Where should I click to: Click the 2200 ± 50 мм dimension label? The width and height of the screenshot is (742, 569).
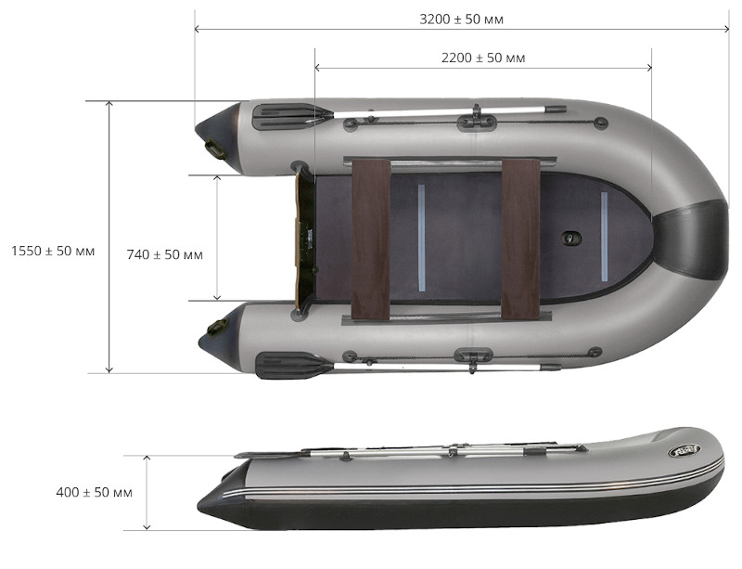[x=483, y=58]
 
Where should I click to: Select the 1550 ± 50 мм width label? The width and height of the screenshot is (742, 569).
[x=53, y=252]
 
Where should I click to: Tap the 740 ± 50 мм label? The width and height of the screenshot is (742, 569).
[x=164, y=253]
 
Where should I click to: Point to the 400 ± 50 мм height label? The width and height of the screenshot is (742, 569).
[x=94, y=492]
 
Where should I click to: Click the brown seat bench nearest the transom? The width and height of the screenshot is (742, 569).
[x=370, y=238]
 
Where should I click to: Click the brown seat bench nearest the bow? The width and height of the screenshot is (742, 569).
[x=520, y=238]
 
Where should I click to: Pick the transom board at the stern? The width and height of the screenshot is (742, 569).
[x=303, y=239]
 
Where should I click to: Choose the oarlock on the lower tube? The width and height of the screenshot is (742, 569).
[x=473, y=355]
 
